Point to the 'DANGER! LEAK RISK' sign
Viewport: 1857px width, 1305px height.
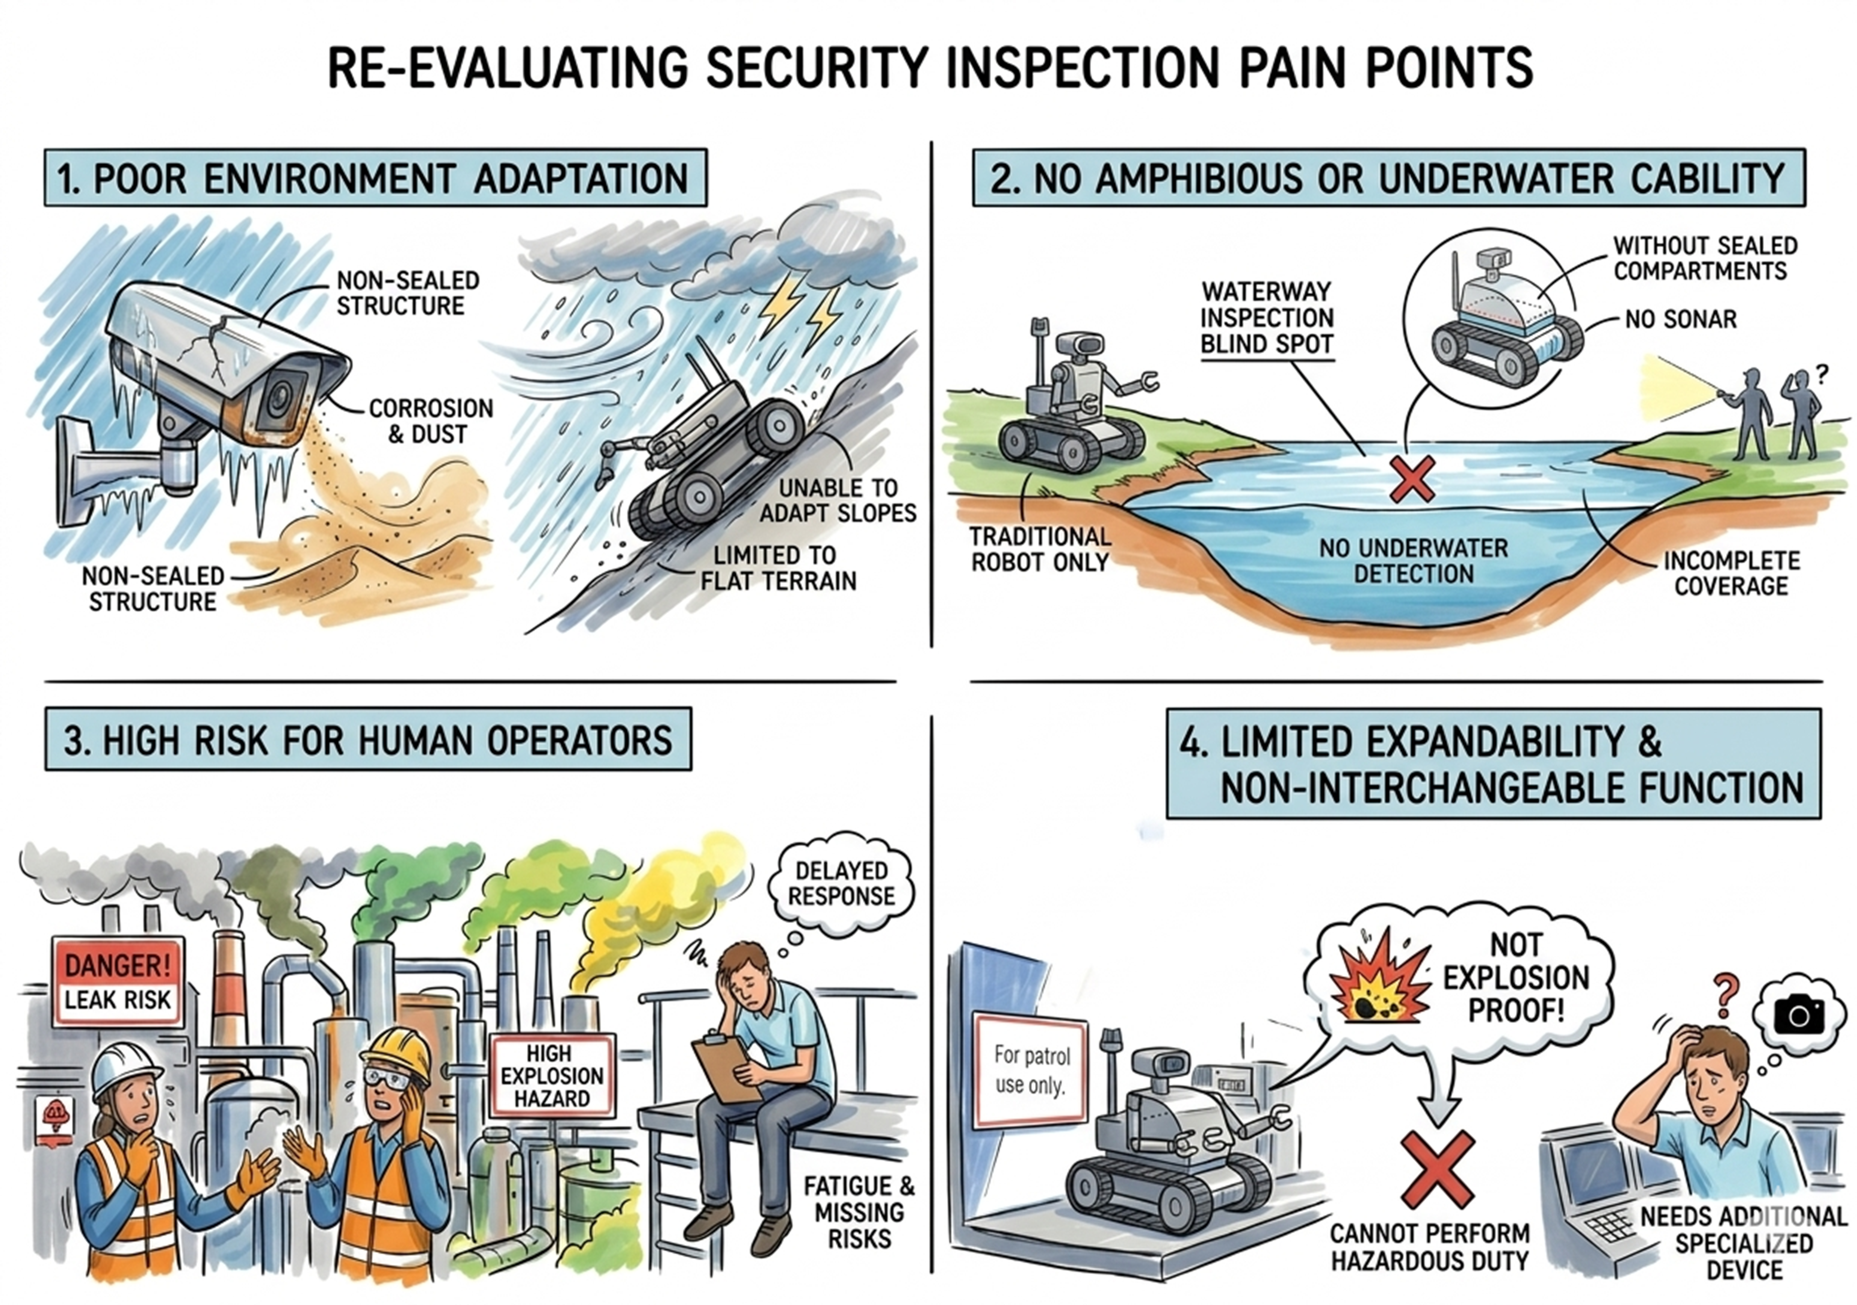click(118, 981)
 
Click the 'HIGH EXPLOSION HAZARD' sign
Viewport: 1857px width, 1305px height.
click(553, 1076)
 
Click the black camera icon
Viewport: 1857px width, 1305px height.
click(1799, 1014)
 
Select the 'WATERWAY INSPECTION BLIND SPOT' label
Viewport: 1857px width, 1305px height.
click(1267, 317)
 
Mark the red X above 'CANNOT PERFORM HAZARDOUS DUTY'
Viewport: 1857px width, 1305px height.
click(1437, 1170)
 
